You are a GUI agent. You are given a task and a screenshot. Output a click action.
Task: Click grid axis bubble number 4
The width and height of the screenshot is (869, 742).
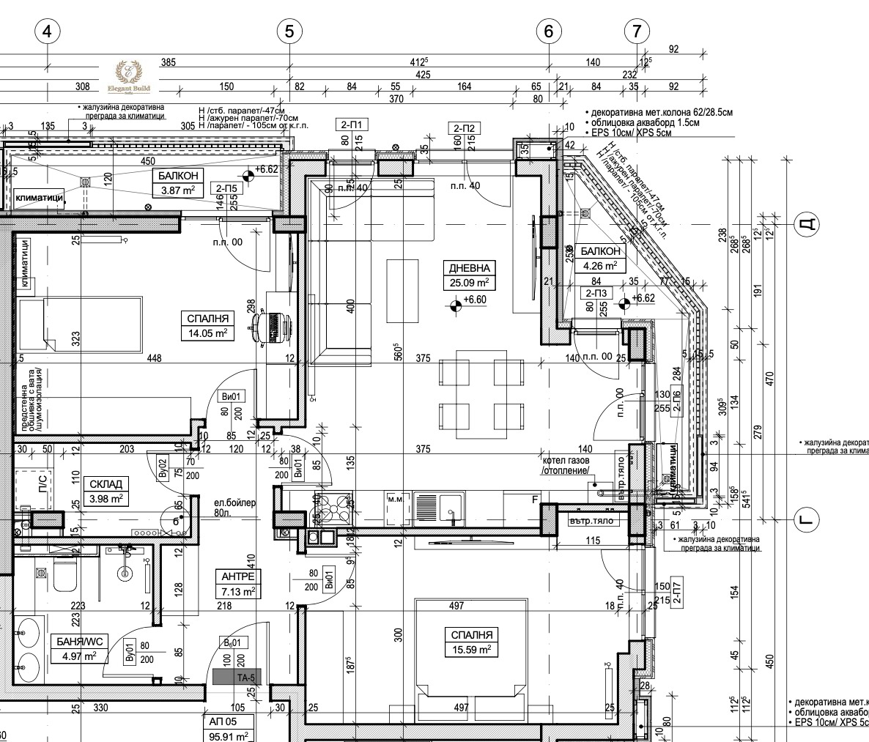(x=48, y=31)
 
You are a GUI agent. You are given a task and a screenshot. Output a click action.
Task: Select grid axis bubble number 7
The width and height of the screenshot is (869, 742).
(x=637, y=31)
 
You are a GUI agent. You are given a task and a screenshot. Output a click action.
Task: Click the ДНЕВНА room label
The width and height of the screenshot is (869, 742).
(x=469, y=268)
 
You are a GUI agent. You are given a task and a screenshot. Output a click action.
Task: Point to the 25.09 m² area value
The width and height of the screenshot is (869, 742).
(x=469, y=282)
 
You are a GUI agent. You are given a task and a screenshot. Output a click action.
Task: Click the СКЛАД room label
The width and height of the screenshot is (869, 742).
(x=107, y=484)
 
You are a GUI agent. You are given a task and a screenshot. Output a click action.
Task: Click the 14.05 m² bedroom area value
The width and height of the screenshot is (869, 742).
(x=209, y=333)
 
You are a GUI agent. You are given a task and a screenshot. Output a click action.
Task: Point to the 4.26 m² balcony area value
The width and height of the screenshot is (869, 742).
(x=600, y=265)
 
